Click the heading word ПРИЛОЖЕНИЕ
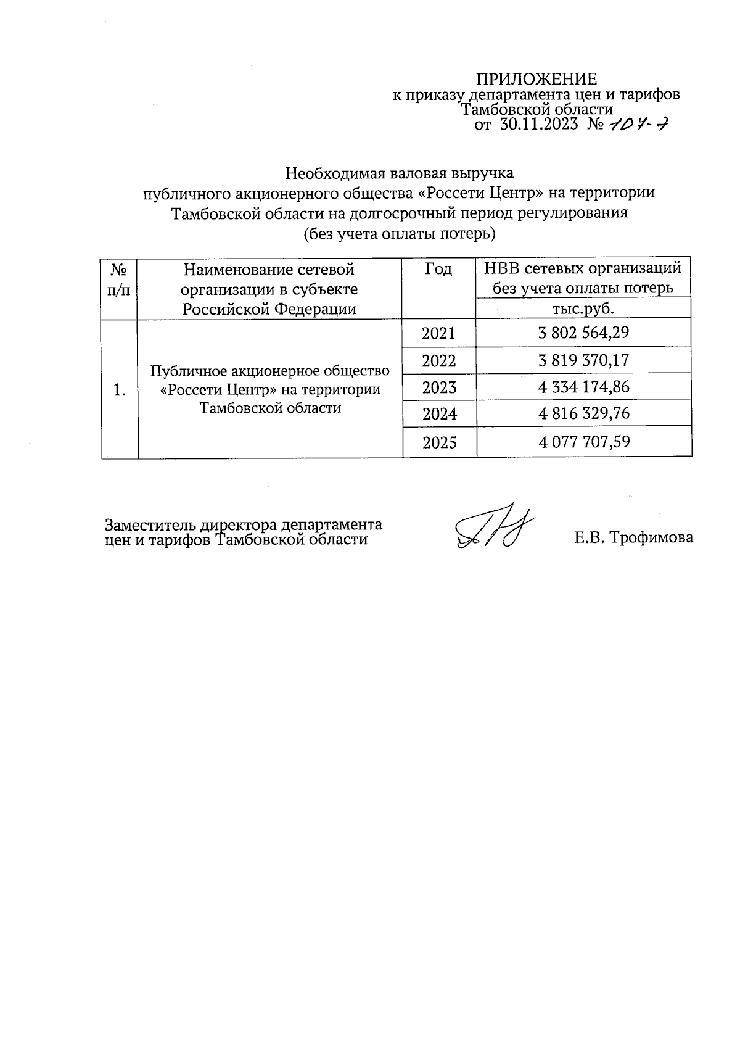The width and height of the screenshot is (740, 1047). coord(536,79)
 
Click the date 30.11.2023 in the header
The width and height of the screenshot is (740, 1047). coord(538,125)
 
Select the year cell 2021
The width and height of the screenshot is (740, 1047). coord(438,334)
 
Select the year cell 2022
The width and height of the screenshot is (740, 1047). coord(438,360)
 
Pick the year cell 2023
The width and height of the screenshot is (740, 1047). coord(438,387)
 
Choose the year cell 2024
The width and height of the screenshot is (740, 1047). coord(438,413)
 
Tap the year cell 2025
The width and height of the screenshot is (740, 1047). coord(438,442)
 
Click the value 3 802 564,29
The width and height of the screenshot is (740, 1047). coord(583,334)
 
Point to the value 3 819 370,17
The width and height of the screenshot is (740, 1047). coord(583,360)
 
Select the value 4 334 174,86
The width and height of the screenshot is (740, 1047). coord(583,387)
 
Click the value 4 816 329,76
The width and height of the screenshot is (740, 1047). coord(583,413)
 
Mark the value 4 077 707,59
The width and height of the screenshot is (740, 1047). coord(583,442)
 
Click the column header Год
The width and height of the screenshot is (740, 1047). coord(438,270)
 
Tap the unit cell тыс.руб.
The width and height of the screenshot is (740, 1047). coord(583,308)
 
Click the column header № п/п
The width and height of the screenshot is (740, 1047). coord(119,279)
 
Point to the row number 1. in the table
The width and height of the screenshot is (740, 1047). coord(120,389)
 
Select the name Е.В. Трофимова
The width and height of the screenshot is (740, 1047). coord(633,537)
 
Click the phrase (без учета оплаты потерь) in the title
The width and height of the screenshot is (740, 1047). coord(399,234)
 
